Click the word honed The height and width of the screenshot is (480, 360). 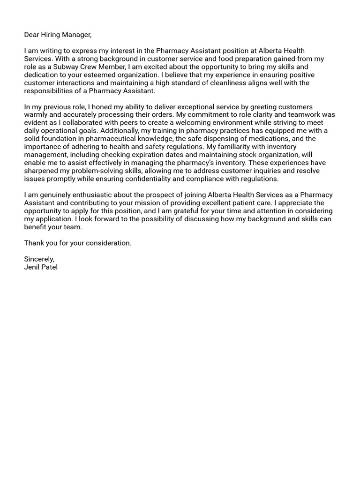[101, 107]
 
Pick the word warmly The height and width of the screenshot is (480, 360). [36, 115]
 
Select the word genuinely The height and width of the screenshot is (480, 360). [55, 195]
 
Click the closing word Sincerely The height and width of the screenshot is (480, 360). [39, 259]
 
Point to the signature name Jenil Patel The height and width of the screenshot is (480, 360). [41, 267]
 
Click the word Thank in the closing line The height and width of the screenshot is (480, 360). [34, 243]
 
